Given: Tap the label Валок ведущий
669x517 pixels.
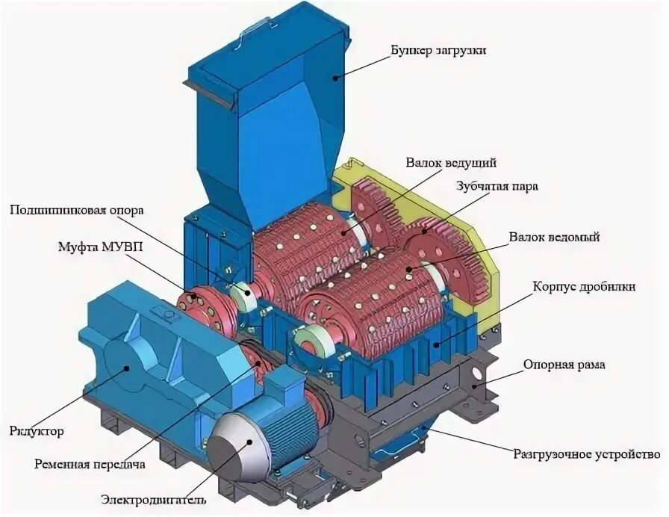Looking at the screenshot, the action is tap(452, 162).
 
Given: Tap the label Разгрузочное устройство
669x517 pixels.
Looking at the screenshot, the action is tap(587, 454).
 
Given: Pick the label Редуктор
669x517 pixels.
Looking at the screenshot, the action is tap(37, 432).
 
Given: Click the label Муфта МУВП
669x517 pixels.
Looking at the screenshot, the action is tap(93, 247).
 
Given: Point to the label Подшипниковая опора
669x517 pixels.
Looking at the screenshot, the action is tap(75, 209).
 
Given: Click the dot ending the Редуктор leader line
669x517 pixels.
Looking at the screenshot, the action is tap(128, 367).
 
